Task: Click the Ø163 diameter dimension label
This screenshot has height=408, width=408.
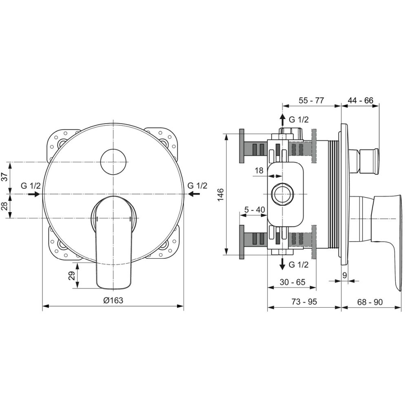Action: coord(113,300)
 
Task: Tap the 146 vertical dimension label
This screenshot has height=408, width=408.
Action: coord(220,194)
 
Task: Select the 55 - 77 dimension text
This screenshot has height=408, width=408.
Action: coord(311,100)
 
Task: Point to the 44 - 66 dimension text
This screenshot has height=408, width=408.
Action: coord(360,100)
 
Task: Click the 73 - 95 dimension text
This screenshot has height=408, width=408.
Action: coord(304,302)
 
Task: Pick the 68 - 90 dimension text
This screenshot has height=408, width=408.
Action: coord(370,302)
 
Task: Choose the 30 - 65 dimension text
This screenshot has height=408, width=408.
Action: coord(293,282)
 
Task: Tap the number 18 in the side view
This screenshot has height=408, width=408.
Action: coord(259,171)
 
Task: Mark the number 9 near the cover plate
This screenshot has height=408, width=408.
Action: coord(345,275)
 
